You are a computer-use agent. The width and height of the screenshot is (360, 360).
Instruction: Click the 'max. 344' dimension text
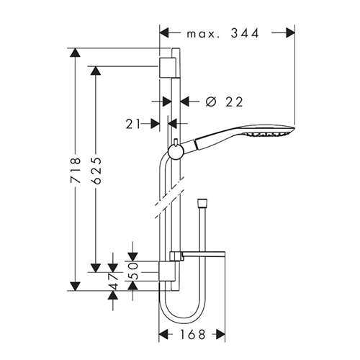[223, 33]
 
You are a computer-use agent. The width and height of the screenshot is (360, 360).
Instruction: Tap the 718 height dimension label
[75, 171]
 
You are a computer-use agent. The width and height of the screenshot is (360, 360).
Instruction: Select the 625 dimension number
[96, 171]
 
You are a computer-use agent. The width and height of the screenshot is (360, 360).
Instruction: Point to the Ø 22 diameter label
[225, 102]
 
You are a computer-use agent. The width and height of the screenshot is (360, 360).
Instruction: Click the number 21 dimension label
[132, 124]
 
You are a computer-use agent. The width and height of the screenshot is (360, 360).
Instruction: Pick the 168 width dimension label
[193, 334]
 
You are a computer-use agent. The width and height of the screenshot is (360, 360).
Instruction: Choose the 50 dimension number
[132, 271]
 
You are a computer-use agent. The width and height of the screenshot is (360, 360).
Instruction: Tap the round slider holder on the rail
[176, 152]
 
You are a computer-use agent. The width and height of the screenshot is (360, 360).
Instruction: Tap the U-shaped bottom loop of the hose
[182, 308]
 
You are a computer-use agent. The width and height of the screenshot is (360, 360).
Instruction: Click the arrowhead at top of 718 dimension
[75, 53]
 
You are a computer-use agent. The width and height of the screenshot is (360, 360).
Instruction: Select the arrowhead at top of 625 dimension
[96, 71]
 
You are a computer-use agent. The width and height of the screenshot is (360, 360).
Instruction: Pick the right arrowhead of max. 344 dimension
[290, 32]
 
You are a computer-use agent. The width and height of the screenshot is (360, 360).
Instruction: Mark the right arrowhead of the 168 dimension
[221, 334]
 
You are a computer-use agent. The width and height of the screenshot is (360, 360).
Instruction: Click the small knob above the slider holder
[176, 142]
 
